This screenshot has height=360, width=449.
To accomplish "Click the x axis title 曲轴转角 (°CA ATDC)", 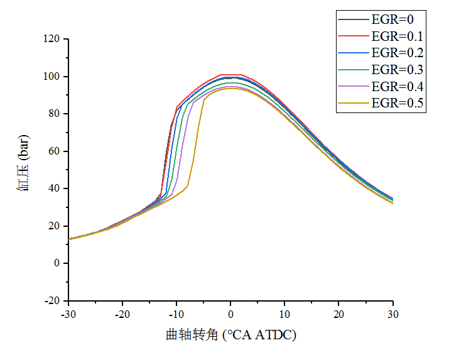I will click(x=230, y=335).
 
